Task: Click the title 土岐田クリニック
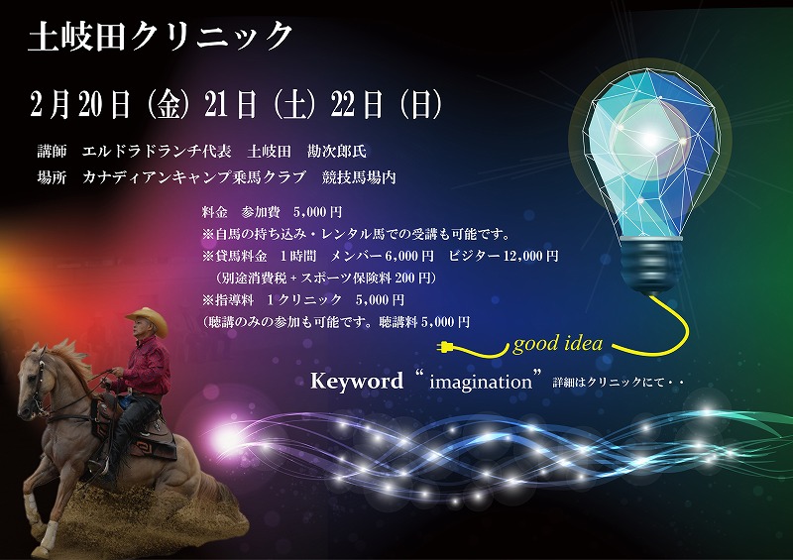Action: coord(161,37)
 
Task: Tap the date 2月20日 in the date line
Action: coord(81,105)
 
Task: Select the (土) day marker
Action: coord(294,105)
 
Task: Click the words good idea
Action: coord(558,344)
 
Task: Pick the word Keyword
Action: coord(357,381)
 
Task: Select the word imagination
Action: coord(481,382)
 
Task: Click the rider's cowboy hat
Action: coord(147,319)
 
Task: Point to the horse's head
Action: coord(35,377)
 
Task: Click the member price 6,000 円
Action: coord(409,256)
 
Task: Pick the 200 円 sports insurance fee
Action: coord(412,278)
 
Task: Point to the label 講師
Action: coord(53,152)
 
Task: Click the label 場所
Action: coord(53,177)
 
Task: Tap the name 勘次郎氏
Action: coord(337,152)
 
